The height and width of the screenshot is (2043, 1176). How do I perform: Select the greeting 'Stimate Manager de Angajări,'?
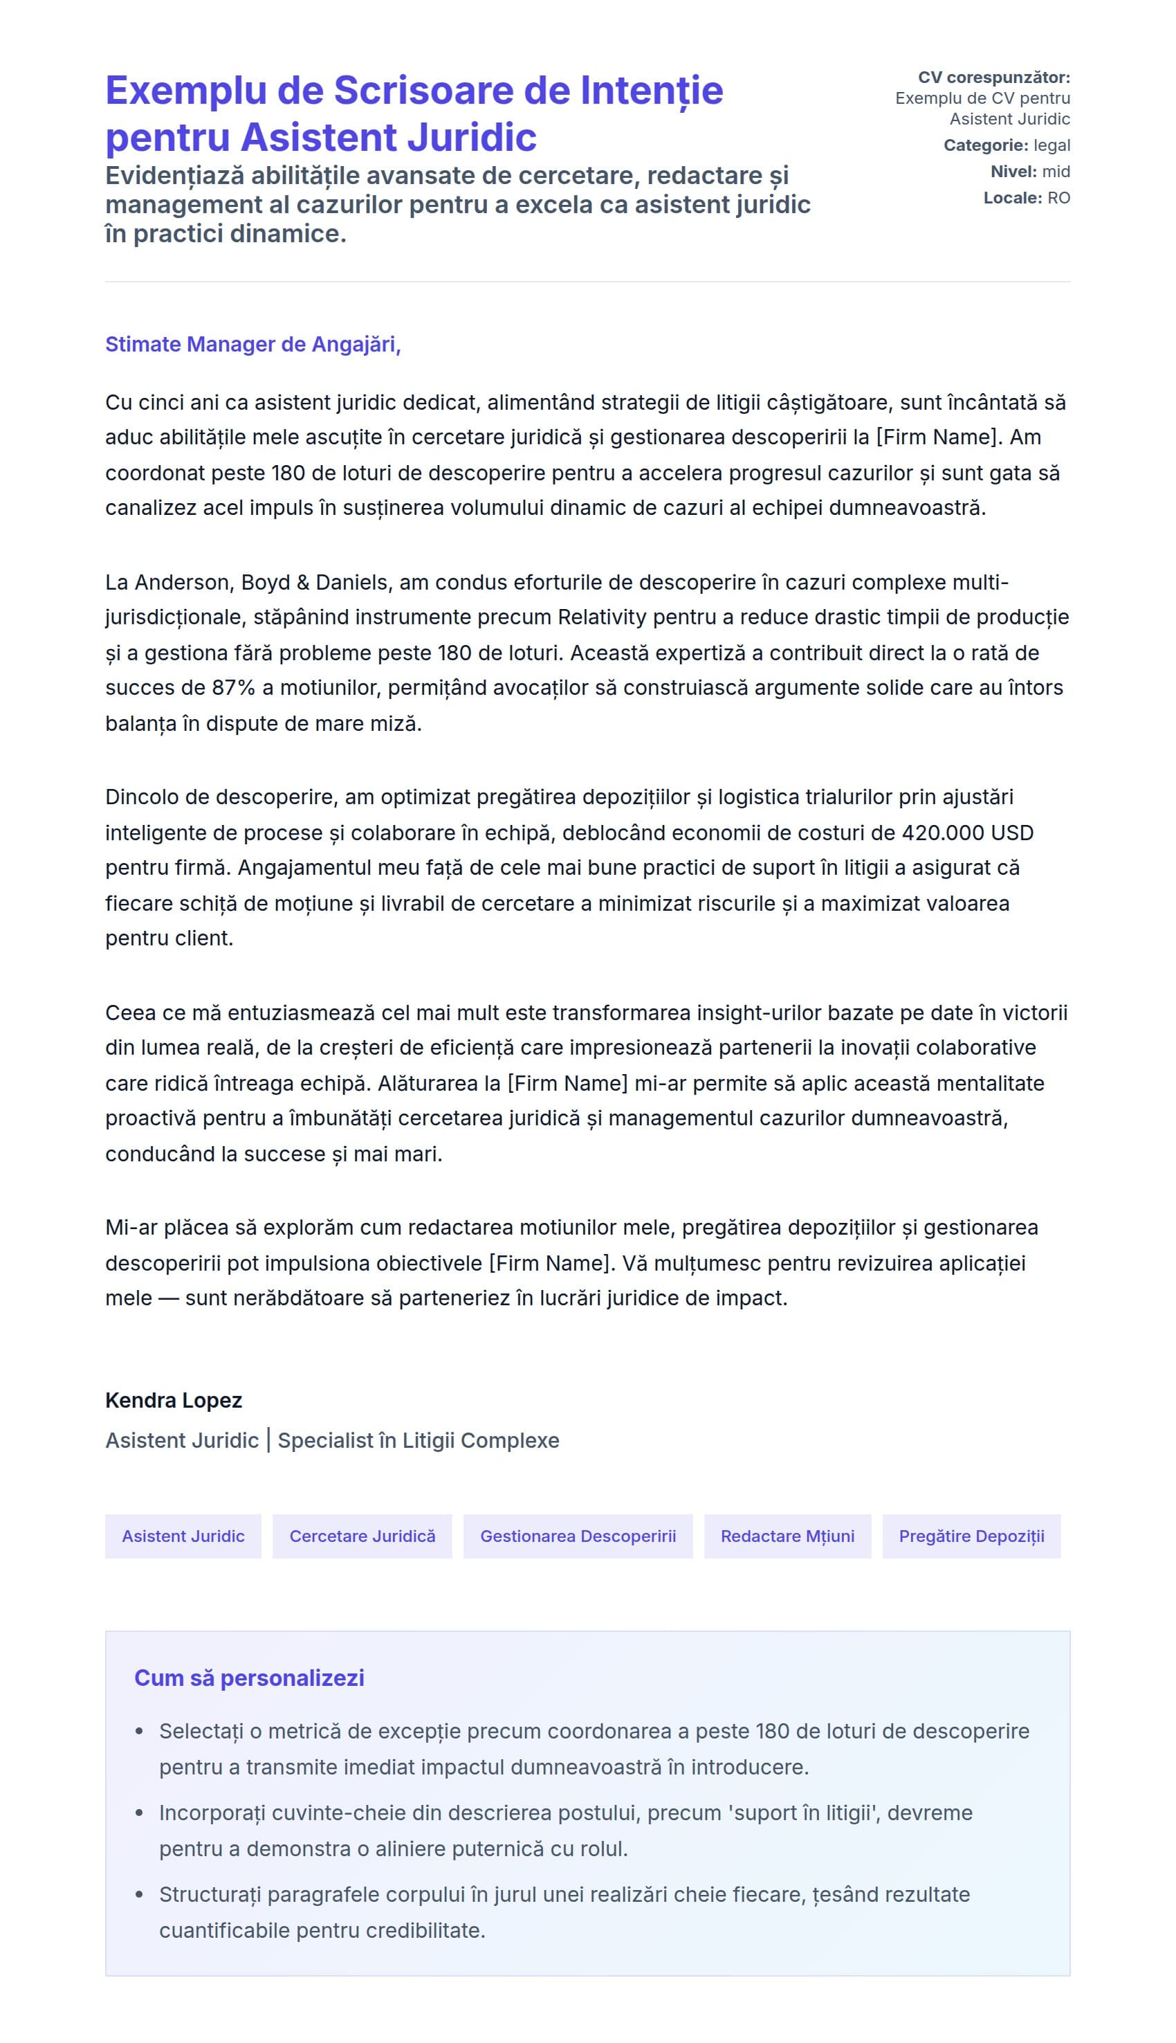pyautogui.click(x=252, y=344)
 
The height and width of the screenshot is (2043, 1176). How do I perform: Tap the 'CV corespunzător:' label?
pyautogui.click(x=993, y=78)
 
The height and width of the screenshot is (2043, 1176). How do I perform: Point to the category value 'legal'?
pyautogui.click(x=1051, y=145)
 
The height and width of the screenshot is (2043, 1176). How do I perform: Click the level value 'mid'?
pyautogui.click(x=1056, y=171)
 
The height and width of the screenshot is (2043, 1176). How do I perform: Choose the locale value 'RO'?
pyautogui.click(x=1058, y=198)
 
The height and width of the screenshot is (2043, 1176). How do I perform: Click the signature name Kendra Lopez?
pyautogui.click(x=174, y=1400)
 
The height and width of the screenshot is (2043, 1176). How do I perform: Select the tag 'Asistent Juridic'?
pyautogui.click(x=183, y=1536)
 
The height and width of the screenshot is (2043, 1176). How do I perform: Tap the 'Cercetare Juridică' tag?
pyautogui.click(x=362, y=1536)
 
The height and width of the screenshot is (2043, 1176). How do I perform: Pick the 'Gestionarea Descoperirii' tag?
pyautogui.click(x=578, y=1536)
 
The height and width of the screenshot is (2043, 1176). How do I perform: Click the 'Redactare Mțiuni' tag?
pyautogui.click(x=787, y=1536)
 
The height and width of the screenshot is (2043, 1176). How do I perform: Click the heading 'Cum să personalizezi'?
pyautogui.click(x=249, y=1678)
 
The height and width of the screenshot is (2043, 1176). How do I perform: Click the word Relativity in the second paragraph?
pyautogui.click(x=602, y=617)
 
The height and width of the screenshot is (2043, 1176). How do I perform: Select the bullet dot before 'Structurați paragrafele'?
pyautogui.click(x=140, y=1895)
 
